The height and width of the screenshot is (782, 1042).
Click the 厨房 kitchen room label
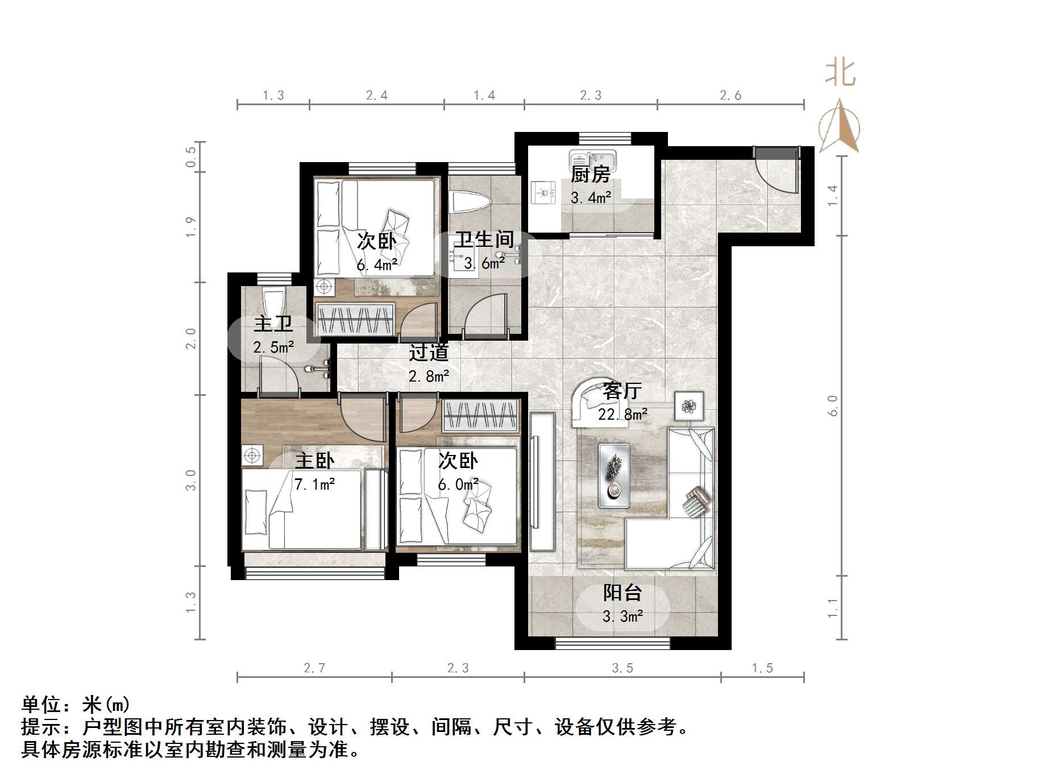[590, 174]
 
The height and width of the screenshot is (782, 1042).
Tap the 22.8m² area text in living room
[622, 415]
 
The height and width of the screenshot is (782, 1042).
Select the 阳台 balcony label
[622, 593]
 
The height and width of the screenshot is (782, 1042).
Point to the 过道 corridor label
[429, 353]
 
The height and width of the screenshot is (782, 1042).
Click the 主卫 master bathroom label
[273, 324]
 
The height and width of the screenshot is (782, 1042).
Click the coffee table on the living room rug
[614, 475]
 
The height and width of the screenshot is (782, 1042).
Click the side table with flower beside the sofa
[689, 406]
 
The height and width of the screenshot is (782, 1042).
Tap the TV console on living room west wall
[542, 482]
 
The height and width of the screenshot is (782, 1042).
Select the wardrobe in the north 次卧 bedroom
[355, 319]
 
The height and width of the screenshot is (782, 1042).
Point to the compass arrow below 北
[840, 126]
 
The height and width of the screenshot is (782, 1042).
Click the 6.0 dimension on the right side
[833, 406]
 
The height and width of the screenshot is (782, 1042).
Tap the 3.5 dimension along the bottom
[622, 668]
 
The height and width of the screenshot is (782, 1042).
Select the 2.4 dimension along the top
[376, 96]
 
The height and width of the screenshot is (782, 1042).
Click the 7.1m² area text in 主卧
[314, 485]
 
